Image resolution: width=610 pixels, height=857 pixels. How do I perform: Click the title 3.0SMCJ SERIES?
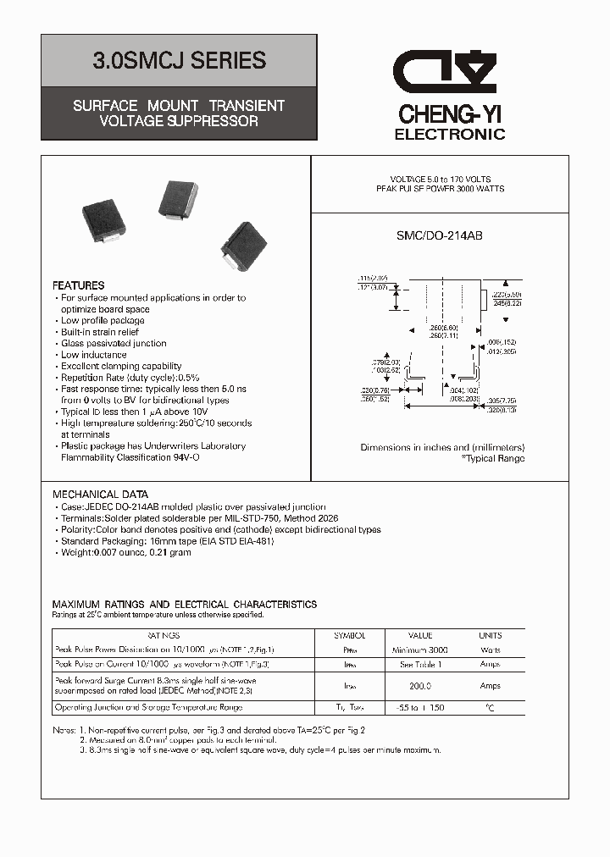pyautogui.click(x=179, y=61)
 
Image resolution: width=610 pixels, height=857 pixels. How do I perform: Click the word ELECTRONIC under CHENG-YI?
pyautogui.click(x=450, y=134)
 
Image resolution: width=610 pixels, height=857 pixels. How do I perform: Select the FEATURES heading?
pyautogui.click(x=79, y=285)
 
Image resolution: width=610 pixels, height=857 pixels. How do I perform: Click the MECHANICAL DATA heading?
pyautogui.click(x=101, y=495)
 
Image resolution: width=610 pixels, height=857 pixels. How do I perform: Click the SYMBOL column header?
pyautogui.click(x=349, y=635)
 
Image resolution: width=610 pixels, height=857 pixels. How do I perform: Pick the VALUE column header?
pyautogui.click(x=420, y=635)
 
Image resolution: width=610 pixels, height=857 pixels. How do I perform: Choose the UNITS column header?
pyautogui.click(x=491, y=635)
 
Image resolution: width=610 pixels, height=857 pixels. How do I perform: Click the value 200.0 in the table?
pyautogui.click(x=420, y=686)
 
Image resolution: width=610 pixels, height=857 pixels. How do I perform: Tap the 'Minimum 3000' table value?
pyautogui.click(x=420, y=650)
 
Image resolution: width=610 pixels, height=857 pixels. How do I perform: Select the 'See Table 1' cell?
pyautogui.click(x=420, y=665)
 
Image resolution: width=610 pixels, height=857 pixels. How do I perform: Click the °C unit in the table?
pyautogui.click(x=490, y=706)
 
